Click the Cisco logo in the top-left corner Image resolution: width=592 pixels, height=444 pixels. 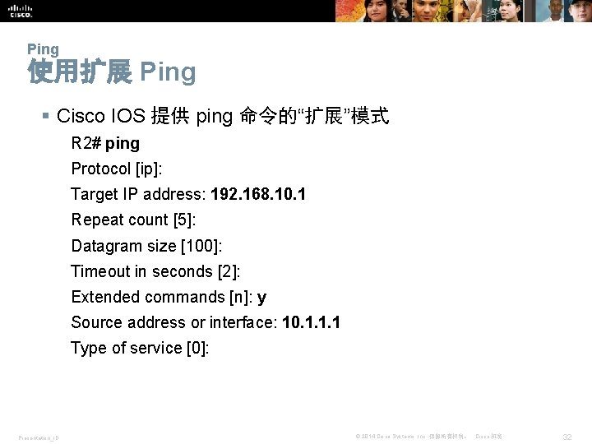click(x=21, y=10)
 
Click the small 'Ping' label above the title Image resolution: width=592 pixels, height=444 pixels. click(x=43, y=49)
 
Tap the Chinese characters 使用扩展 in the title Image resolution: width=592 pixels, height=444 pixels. click(x=79, y=72)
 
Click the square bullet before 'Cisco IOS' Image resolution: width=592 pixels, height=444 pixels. click(x=46, y=117)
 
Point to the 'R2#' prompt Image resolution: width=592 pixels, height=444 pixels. click(x=86, y=143)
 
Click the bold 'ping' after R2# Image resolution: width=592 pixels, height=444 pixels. click(x=123, y=144)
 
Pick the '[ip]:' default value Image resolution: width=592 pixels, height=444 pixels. click(x=149, y=169)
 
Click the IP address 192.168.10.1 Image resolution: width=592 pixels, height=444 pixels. click(x=258, y=194)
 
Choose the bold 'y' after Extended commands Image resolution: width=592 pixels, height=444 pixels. click(x=261, y=298)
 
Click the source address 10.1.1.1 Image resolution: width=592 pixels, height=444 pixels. click(x=311, y=322)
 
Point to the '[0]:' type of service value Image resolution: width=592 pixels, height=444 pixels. click(x=197, y=348)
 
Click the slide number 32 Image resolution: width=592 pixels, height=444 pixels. click(x=566, y=436)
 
